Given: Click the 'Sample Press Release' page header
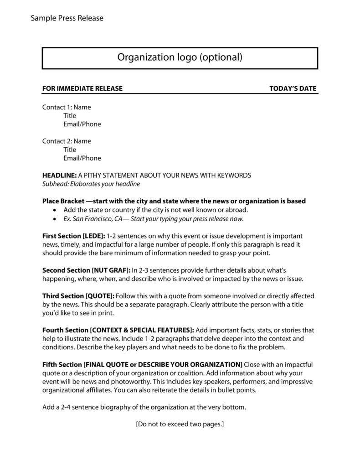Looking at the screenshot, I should pos(67,18).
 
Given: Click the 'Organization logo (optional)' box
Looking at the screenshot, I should pos(180,58).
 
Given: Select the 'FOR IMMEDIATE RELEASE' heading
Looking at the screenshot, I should pos(82,88).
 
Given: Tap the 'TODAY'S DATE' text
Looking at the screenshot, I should pos(293,88).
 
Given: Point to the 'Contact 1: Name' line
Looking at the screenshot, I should pos(67,107).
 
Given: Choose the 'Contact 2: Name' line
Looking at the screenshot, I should pos(67,141).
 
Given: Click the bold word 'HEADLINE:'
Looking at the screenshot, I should pos(59,175).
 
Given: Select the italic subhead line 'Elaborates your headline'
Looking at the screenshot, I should pos(91,184).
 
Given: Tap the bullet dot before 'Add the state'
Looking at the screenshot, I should pos(55,210).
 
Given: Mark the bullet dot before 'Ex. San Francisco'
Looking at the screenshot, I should pos(55,219).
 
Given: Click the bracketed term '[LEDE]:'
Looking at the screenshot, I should pos(94,236).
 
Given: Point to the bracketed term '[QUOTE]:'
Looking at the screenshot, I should pos(100,296).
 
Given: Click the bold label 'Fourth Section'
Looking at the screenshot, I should pos(65,330).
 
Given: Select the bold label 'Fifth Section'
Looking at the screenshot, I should pos(62,364).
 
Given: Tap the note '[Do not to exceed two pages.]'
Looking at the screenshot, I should pos(180,424).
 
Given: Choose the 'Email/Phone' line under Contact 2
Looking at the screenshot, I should pos(82,158).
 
